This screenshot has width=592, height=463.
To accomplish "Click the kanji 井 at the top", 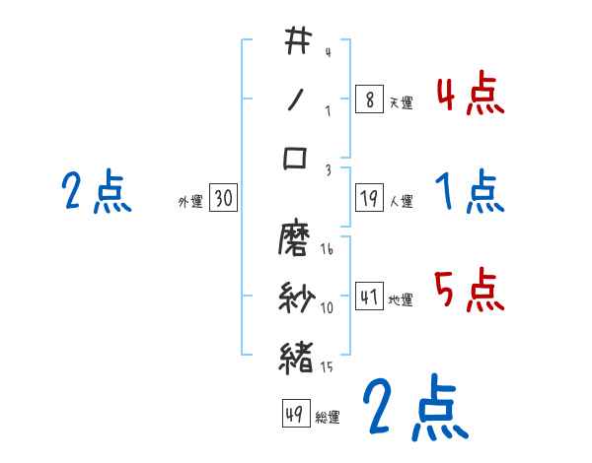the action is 297,42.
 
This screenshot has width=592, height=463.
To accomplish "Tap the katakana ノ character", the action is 296,99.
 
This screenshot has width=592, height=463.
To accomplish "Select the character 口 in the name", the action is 296,159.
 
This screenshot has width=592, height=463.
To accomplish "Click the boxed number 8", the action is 368,99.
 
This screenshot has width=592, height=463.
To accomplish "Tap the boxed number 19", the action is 368,199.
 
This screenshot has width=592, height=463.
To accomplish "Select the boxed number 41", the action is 368,297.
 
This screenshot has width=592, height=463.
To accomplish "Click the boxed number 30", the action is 224,199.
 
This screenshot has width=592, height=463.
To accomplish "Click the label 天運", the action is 401,102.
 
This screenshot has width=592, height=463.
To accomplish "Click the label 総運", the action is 328,418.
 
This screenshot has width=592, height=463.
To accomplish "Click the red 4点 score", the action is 470,95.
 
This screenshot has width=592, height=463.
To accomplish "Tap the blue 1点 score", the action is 470,192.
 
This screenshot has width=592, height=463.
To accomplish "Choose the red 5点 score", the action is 470,291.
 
